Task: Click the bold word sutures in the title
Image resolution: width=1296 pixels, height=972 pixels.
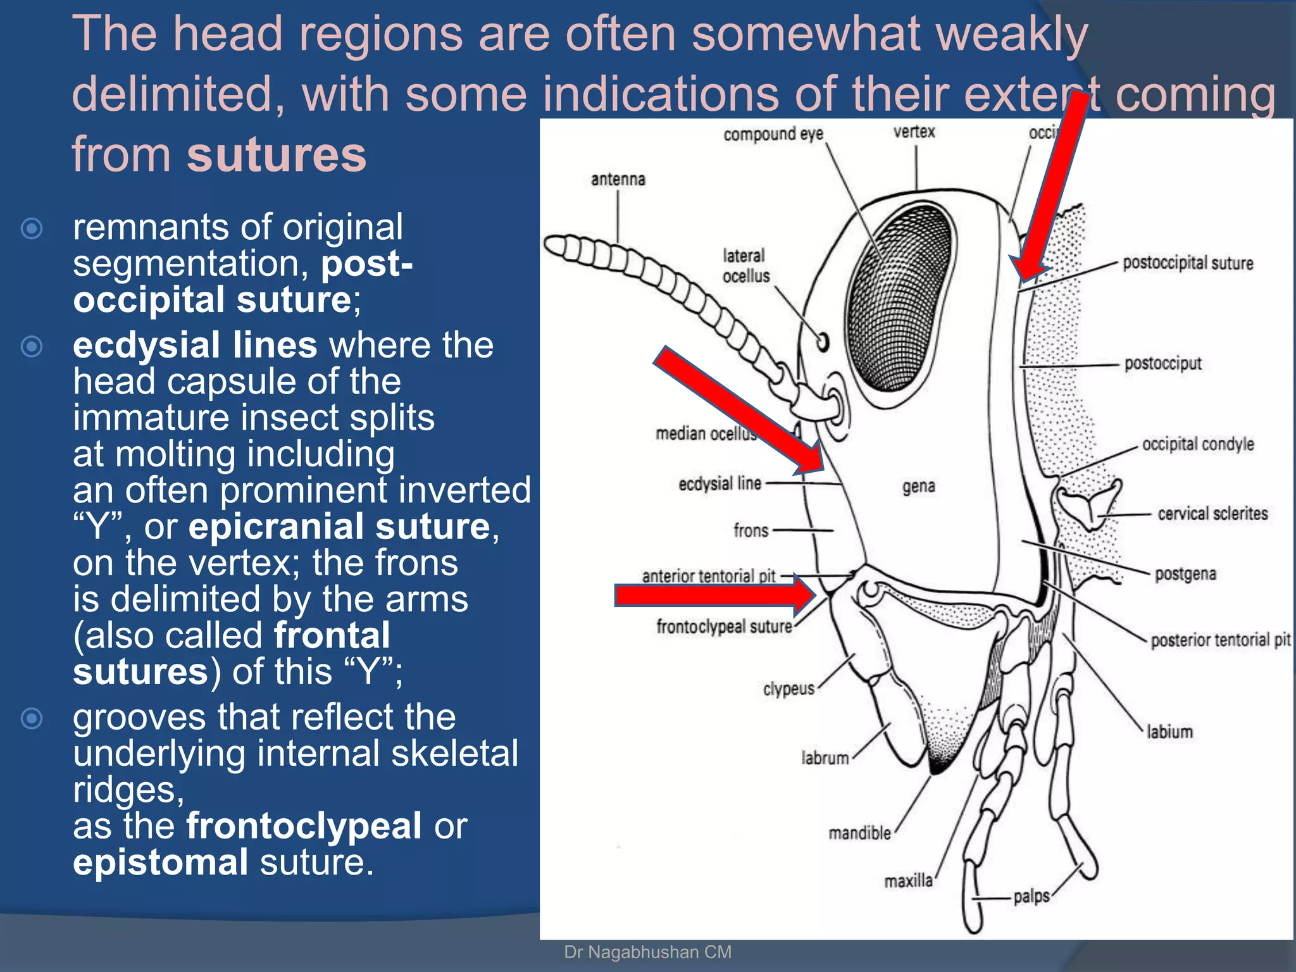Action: point(277,155)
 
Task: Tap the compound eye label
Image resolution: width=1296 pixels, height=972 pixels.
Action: point(773,134)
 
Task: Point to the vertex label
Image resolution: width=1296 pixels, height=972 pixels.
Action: point(914,132)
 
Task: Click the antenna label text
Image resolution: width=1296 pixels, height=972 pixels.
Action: point(618,180)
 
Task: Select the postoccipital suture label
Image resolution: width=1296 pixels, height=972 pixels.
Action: point(1188,263)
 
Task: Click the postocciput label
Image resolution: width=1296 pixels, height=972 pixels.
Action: point(1162,364)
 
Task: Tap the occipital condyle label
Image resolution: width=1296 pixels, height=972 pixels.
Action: point(1197,444)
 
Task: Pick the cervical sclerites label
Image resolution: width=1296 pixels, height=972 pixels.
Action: point(1212,514)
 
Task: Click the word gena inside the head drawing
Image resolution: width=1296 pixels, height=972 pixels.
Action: point(918,487)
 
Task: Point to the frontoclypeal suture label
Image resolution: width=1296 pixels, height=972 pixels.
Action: point(724,626)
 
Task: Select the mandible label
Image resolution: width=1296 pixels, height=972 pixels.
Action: point(859,833)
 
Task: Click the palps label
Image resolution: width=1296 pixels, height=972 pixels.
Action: point(1031,896)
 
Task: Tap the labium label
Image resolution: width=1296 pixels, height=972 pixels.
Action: point(1169,732)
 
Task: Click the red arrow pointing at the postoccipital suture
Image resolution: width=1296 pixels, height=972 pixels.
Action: point(1054,190)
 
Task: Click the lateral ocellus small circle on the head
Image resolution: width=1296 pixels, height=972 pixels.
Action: point(822,342)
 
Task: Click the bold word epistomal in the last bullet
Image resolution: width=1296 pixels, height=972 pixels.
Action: point(161,863)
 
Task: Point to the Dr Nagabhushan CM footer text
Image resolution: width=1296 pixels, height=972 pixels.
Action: point(647,952)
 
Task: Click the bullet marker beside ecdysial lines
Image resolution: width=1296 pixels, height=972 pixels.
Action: point(32,347)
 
